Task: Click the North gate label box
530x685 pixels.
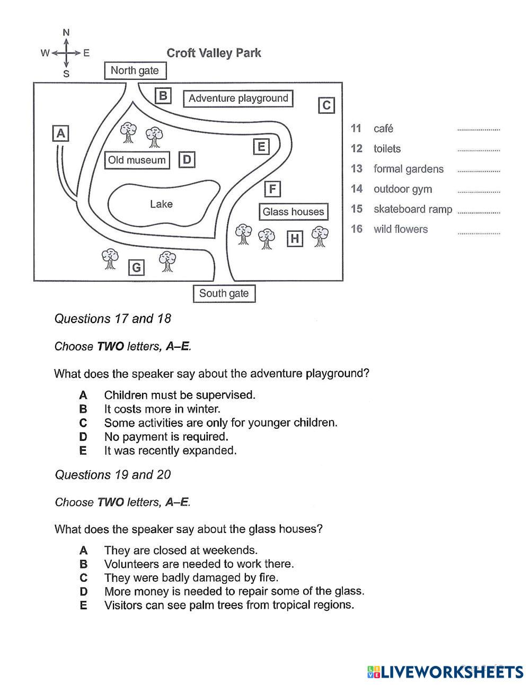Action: pyautogui.click(x=135, y=70)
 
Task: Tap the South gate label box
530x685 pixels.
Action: pyautogui.click(x=224, y=293)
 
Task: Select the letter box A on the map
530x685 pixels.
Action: pyautogui.click(x=61, y=133)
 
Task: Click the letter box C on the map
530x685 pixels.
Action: pyautogui.click(x=326, y=105)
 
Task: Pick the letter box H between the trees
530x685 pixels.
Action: pyautogui.click(x=295, y=239)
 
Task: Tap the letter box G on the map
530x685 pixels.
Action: pyautogui.click(x=137, y=267)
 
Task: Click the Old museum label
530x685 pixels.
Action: pyautogui.click(x=137, y=160)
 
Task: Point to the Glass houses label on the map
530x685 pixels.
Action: pyautogui.click(x=293, y=212)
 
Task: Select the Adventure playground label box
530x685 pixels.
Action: pyautogui.click(x=238, y=98)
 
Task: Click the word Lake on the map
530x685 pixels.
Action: pyautogui.click(x=161, y=204)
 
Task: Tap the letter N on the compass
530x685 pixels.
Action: pyautogui.click(x=66, y=33)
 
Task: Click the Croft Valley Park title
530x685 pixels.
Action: pyautogui.click(x=214, y=53)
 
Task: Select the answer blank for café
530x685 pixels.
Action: pyautogui.click(x=478, y=129)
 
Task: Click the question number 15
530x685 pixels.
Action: pyautogui.click(x=357, y=209)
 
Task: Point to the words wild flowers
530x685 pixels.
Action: pyautogui.click(x=401, y=229)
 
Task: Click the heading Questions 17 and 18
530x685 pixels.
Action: pyautogui.click(x=113, y=319)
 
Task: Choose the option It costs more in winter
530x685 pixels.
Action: pyautogui.click(x=162, y=409)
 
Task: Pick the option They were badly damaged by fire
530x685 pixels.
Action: pyautogui.click(x=191, y=578)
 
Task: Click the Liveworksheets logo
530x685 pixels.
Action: pyautogui.click(x=445, y=672)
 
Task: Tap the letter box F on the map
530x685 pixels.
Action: pyautogui.click(x=272, y=189)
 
